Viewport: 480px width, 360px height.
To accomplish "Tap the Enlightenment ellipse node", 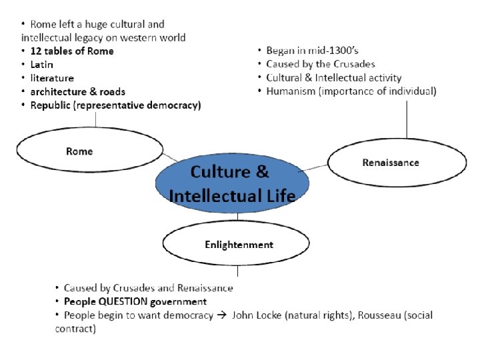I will coord(238,245).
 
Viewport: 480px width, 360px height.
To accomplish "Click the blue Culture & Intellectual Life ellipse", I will coord(230,183).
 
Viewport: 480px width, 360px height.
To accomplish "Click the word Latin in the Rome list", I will coord(41,65).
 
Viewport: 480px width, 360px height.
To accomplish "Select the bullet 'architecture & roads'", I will coord(73,91).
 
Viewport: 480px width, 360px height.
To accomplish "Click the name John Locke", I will coord(255,315).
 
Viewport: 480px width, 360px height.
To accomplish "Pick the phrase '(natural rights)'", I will coord(317,315).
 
